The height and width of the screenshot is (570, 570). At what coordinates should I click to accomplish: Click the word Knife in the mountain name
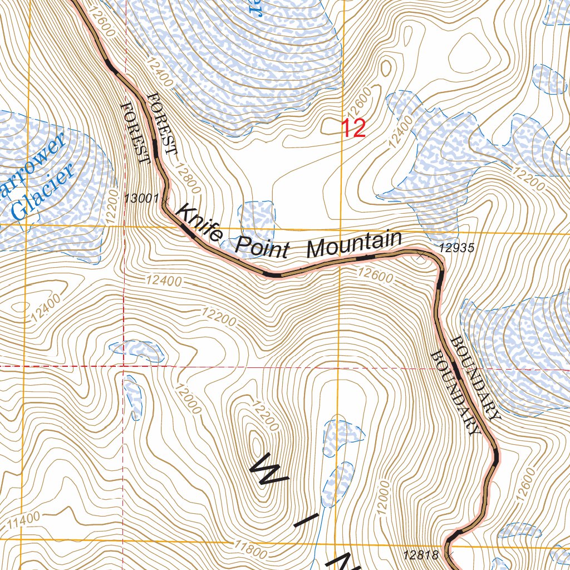click(199, 225)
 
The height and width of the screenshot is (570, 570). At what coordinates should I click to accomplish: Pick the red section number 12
click(353, 129)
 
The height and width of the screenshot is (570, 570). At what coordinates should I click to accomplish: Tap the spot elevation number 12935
click(456, 248)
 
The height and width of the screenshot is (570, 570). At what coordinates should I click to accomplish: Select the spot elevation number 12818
click(421, 554)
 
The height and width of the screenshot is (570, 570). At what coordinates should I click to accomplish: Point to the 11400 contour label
click(24, 520)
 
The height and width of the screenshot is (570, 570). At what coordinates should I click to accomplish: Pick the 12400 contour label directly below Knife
click(165, 282)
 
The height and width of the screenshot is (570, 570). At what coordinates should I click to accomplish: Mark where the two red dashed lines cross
click(124, 367)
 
